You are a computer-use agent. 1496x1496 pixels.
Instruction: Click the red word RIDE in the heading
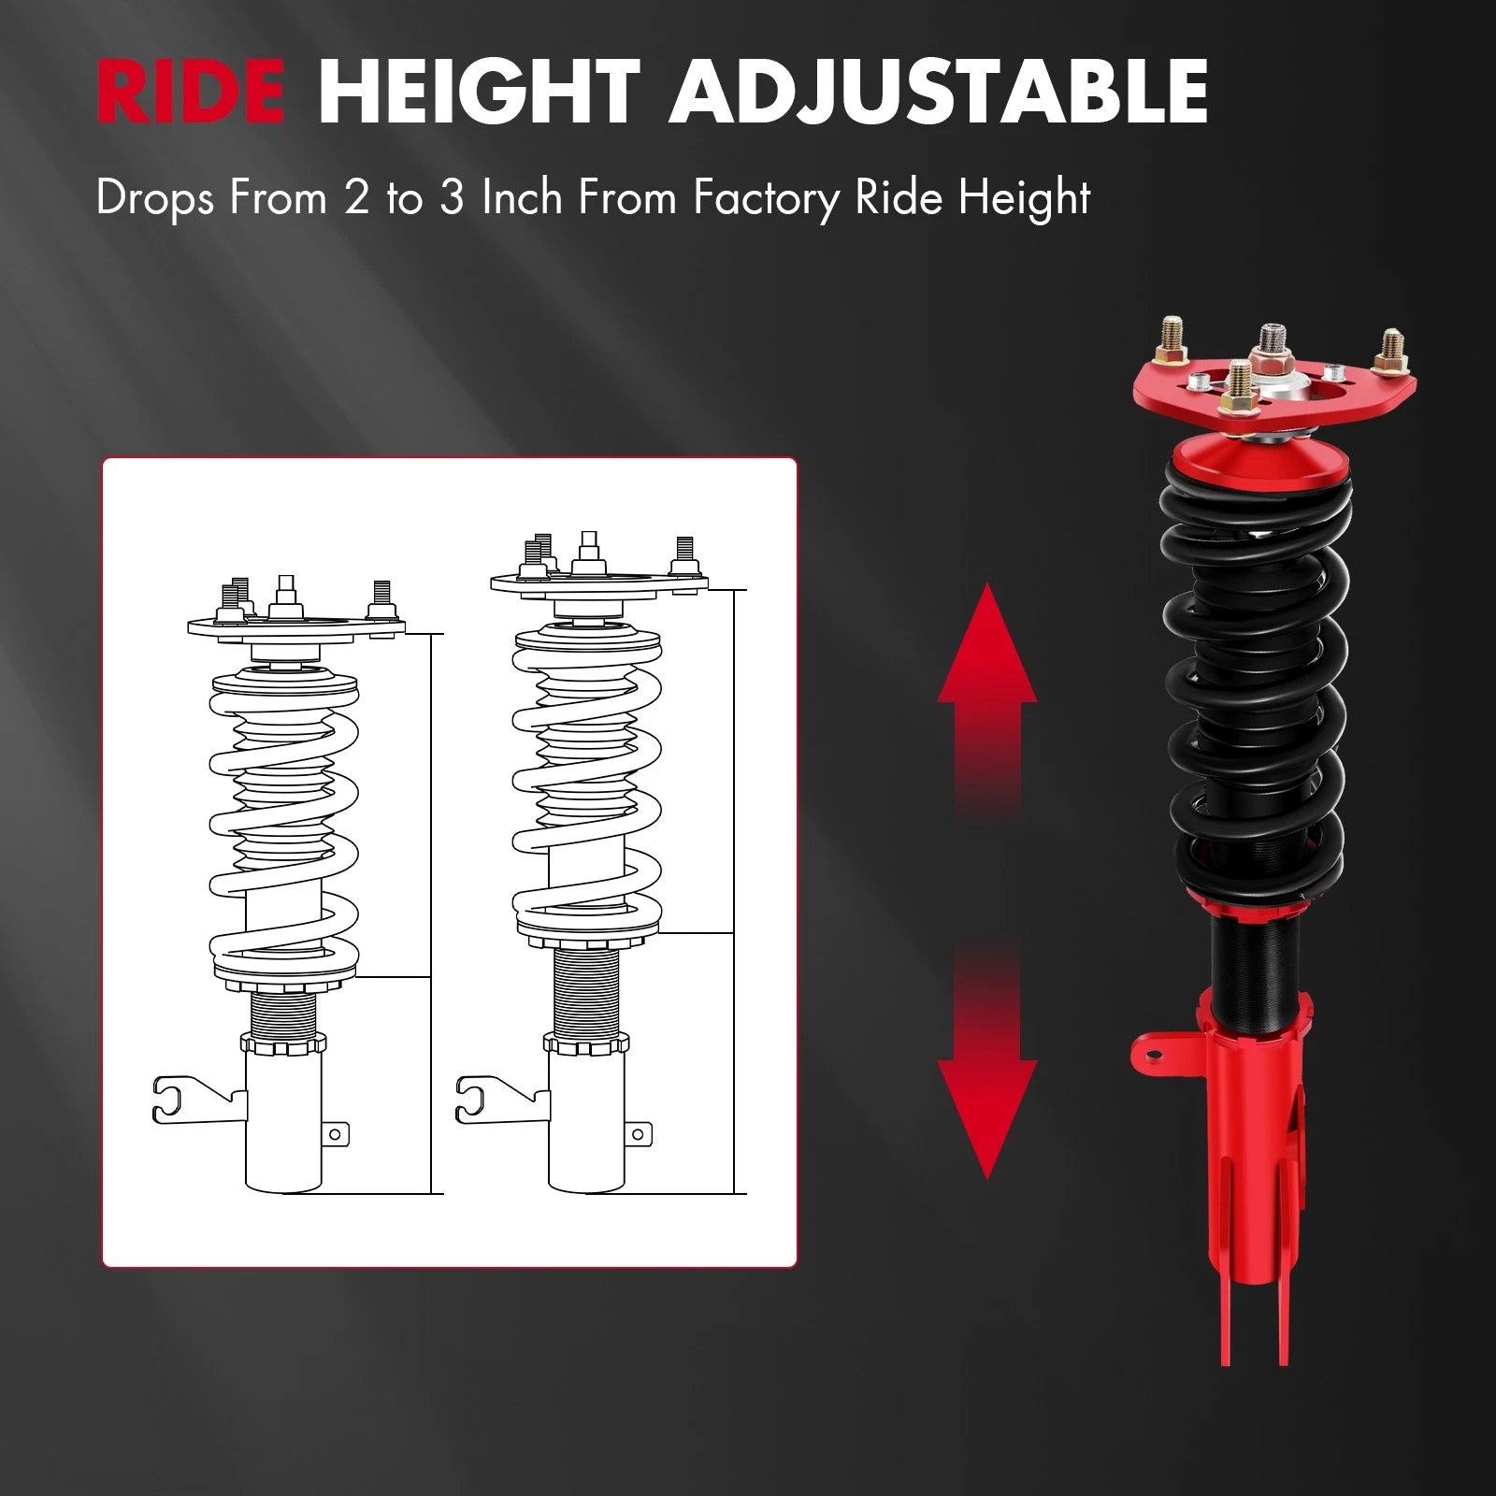point(191,91)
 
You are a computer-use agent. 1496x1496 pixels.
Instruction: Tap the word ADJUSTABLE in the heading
point(938,91)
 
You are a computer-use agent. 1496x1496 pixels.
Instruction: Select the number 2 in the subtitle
point(356,198)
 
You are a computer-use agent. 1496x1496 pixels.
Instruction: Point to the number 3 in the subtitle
point(452,198)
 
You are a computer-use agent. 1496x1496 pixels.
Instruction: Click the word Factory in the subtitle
point(765,198)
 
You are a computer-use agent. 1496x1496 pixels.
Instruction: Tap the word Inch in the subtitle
point(523,198)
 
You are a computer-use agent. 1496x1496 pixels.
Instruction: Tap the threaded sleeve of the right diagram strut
point(586,991)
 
